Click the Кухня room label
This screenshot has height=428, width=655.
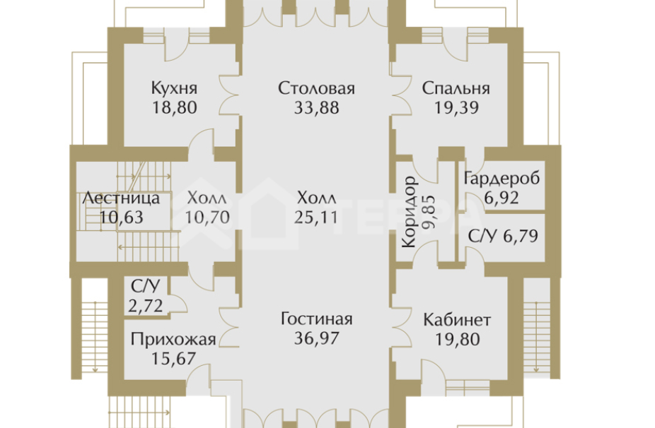(173, 89)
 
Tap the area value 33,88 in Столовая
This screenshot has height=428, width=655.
(315, 108)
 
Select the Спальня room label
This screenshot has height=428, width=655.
(456, 89)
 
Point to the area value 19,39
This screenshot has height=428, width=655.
(456, 108)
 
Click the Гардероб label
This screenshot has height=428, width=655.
(502, 179)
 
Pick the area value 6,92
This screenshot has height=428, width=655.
(502, 198)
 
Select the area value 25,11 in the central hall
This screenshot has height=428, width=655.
(315, 217)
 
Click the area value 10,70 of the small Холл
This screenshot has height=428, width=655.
(208, 217)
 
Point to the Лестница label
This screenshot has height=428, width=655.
(120, 198)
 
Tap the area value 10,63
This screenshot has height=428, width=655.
(121, 217)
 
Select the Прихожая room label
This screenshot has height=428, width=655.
(173, 339)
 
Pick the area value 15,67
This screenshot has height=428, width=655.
(173, 358)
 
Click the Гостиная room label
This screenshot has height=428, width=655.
(315, 319)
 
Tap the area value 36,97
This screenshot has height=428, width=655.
(315, 339)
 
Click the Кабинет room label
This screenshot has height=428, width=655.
(457, 319)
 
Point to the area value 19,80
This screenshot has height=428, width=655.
(457, 339)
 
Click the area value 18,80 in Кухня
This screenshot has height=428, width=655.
(173, 108)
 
